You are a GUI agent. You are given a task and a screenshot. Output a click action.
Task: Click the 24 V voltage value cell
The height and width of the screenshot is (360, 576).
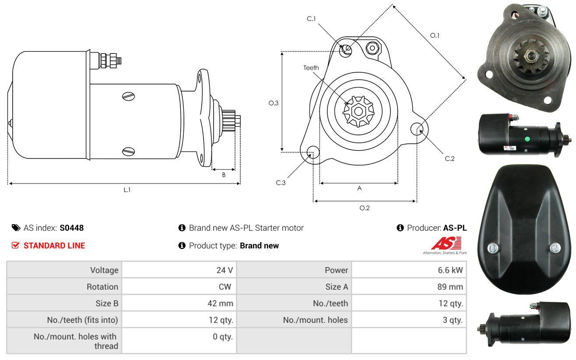point(225,270)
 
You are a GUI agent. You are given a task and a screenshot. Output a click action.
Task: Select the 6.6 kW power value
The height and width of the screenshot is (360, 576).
point(450,270)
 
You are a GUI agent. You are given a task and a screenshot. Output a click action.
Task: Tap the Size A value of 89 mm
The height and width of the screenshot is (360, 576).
point(450,287)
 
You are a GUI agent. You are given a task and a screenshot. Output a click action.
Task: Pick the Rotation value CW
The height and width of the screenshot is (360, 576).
point(225,287)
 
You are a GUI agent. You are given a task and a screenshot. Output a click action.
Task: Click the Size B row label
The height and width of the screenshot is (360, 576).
point(107,304)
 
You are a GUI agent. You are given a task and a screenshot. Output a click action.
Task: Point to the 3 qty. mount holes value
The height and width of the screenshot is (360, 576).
point(453,320)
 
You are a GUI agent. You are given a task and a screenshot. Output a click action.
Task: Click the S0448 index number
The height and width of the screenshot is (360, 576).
point(71,228)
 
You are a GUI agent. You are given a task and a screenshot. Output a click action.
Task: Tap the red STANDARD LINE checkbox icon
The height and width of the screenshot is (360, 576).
point(15,245)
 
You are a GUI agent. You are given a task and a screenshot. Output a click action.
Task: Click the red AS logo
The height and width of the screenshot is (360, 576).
point(446,243)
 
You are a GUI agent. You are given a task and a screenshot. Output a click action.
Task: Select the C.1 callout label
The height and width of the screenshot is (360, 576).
point(311,19)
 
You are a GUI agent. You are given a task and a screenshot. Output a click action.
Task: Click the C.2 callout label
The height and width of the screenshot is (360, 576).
point(450,159)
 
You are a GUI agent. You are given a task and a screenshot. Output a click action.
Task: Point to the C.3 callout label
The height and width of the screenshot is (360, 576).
point(281,183)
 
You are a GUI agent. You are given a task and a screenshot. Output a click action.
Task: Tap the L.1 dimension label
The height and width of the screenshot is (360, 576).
point(127,190)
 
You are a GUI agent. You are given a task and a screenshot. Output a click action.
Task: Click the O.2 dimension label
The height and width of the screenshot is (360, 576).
point(364,208)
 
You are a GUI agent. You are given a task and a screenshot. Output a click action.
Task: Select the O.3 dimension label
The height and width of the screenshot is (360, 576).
point(274,103)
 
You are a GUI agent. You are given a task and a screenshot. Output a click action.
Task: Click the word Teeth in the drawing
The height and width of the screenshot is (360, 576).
point(311,68)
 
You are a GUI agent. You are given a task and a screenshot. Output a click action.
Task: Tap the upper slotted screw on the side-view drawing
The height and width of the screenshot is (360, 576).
point(129,96)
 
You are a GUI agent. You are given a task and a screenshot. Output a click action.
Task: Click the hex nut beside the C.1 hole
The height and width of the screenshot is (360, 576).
point(372,48)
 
